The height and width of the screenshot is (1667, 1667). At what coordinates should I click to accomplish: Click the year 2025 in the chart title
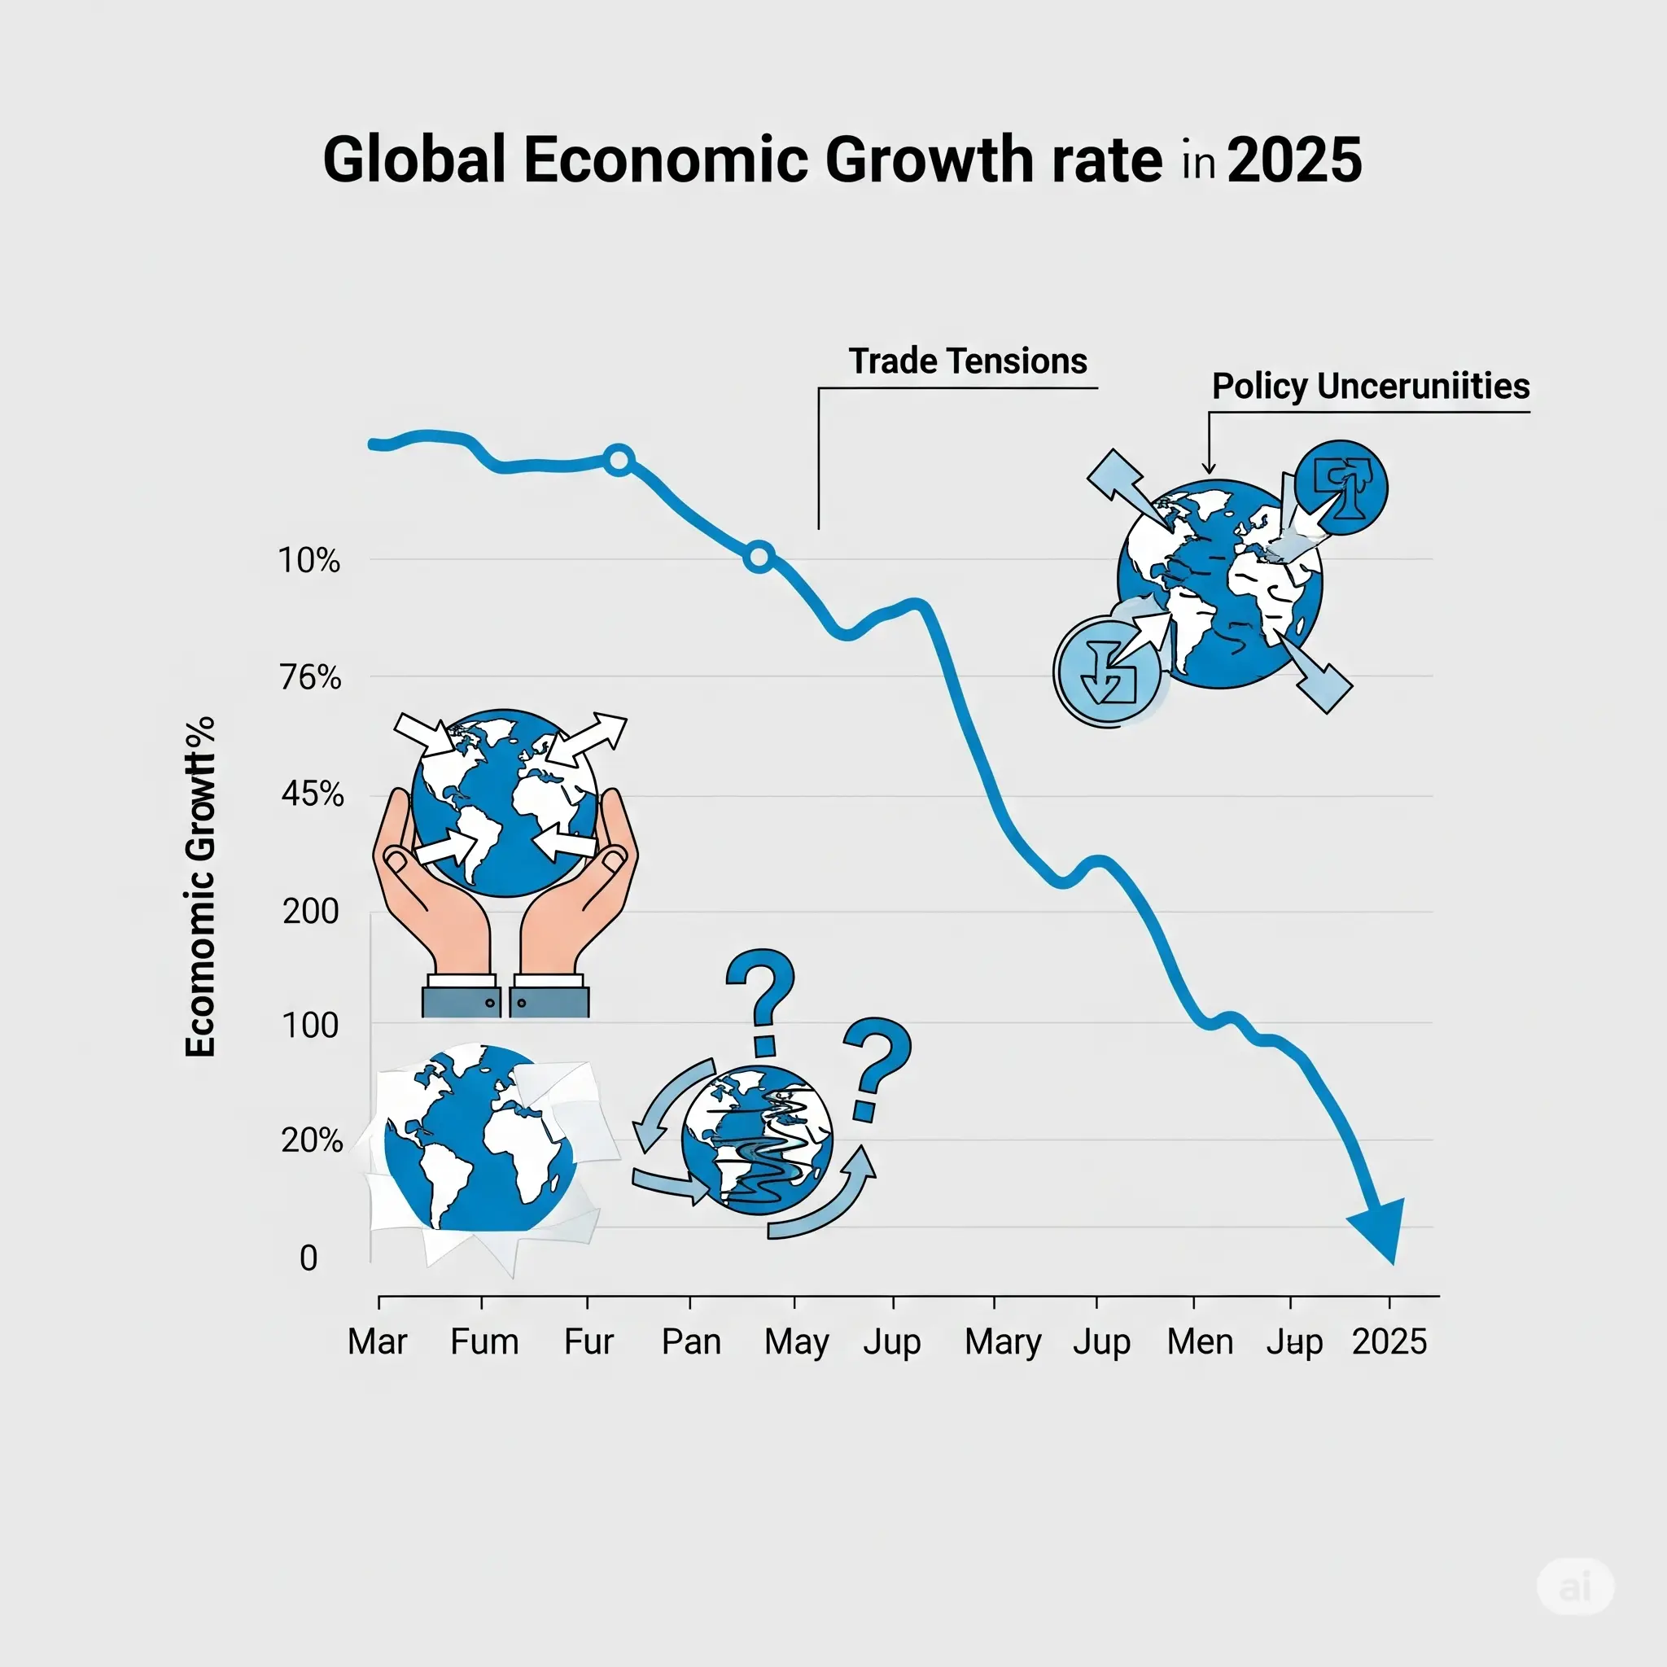tap(1293, 160)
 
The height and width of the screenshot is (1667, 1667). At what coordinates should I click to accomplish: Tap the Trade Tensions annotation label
tap(967, 361)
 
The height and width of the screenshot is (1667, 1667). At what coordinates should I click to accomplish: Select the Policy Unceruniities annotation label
tap(1370, 386)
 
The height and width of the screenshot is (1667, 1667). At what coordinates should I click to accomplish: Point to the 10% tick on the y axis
tap(308, 561)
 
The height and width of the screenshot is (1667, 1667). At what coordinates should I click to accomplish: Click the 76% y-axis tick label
tap(311, 677)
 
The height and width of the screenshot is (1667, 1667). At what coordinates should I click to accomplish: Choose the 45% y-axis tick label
tap(313, 794)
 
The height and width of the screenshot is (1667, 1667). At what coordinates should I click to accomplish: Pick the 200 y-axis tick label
tap(311, 911)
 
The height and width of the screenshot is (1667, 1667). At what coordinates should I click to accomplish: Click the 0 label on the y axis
tap(308, 1258)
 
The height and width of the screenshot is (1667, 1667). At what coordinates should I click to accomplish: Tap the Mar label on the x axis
tap(377, 1341)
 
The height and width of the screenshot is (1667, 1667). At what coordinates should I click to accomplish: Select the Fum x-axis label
tap(484, 1341)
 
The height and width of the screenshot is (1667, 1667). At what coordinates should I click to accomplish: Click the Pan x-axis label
tap(691, 1341)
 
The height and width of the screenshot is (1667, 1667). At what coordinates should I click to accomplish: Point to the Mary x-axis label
tap(1003, 1341)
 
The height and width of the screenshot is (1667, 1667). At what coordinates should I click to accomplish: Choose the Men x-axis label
tap(1199, 1341)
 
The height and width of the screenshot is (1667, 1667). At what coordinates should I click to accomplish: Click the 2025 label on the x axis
tap(1389, 1341)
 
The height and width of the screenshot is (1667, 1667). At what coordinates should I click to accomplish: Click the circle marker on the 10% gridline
tap(759, 558)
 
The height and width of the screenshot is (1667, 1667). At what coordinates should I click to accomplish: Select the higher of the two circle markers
tap(619, 460)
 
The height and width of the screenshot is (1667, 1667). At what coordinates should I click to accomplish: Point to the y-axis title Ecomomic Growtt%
tap(200, 886)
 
